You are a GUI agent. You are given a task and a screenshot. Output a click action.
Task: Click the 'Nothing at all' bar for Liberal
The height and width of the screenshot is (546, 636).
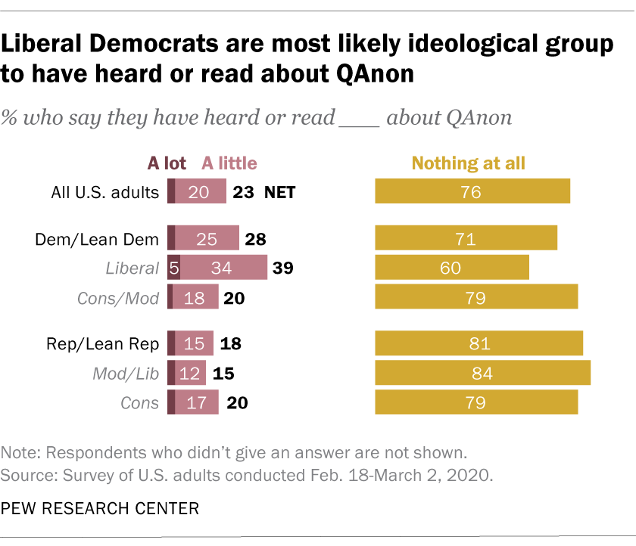click(x=452, y=268)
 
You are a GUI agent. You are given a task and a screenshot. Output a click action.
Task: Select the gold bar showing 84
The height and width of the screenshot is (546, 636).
click(x=482, y=373)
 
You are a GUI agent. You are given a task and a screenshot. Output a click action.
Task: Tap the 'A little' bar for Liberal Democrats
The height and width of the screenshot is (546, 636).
click(x=223, y=268)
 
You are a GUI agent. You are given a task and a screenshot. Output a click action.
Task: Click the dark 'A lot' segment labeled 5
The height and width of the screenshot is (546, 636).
click(x=173, y=268)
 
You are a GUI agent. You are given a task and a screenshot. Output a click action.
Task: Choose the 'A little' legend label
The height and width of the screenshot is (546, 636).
click(x=229, y=163)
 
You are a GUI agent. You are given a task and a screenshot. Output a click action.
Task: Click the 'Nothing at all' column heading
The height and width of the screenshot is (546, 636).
click(x=468, y=163)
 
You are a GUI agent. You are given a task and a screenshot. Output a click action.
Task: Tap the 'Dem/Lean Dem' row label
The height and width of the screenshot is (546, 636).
click(x=98, y=240)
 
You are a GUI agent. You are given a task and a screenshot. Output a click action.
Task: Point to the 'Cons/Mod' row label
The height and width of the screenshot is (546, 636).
click(x=119, y=298)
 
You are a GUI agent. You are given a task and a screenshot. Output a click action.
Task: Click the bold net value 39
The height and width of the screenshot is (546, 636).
click(x=282, y=268)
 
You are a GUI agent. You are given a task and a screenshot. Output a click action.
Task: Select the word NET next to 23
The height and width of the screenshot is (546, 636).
click(x=279, y=192)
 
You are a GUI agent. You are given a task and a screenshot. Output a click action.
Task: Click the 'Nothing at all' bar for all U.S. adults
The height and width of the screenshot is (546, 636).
click(x=472, y=192)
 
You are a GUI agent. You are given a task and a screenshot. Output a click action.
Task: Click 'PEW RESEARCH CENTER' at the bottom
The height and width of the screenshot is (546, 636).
click(x=100, y=508)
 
